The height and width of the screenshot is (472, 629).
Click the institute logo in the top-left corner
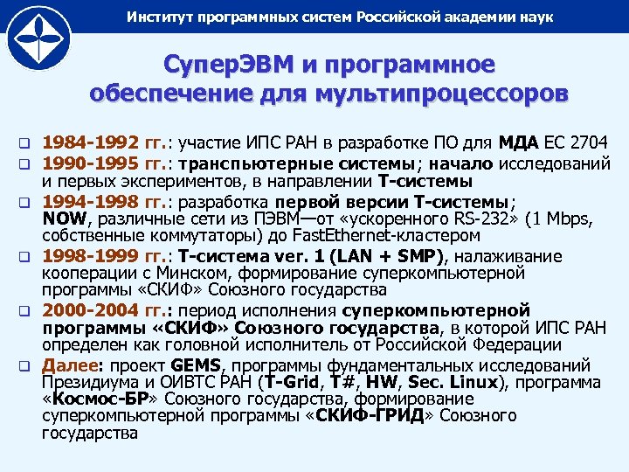pos(40,40)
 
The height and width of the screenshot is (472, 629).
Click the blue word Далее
pos(73,364)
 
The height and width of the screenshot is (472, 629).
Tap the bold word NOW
pos(64,219)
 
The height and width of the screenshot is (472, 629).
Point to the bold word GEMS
pos(197,364)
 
